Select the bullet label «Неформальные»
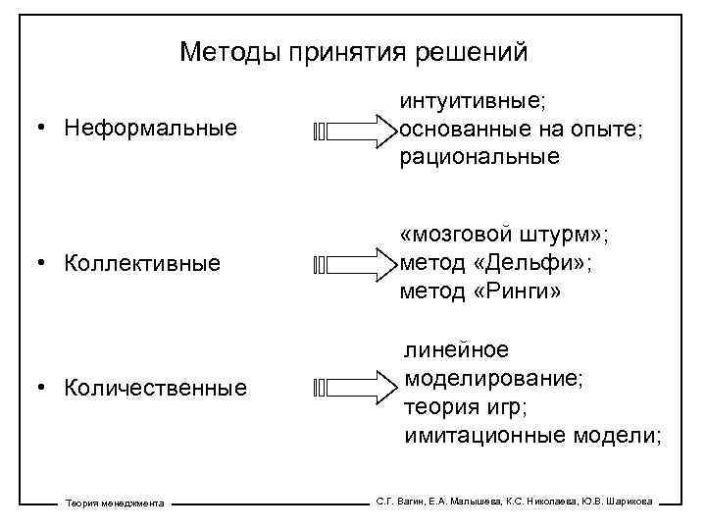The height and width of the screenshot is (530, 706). pyautogui.click(x=151, y=128)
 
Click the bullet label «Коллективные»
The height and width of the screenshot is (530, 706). pyautogui.click(x=142, y=263)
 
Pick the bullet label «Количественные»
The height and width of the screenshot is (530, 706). pyautogui.click(x=156, y=388)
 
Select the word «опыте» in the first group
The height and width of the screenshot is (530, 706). pyautogui.click(x=601, y=129)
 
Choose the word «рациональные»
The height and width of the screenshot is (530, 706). pyautogui.click(x=479, y=156)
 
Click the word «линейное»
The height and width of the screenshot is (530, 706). pyautogui.click(x=457, y=350)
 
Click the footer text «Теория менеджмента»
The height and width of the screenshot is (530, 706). pyautogui.click(x=115, y=503)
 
